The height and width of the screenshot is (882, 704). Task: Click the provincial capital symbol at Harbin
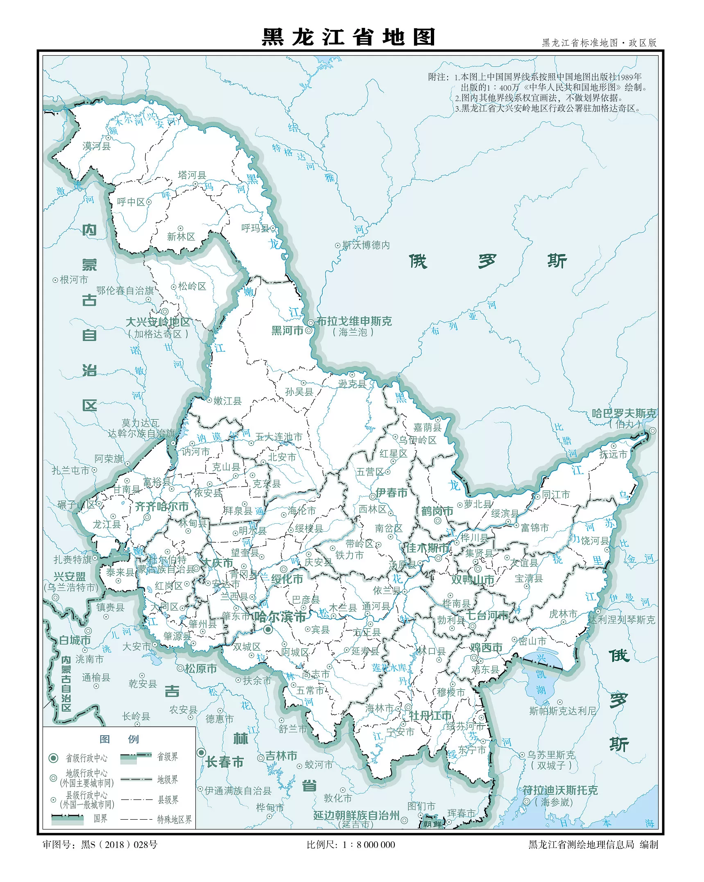(268, 630)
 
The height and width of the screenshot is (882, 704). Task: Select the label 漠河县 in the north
(96, 146)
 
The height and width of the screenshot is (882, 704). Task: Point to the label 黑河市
(287, 330)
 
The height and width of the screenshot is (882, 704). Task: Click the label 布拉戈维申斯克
(354, 321)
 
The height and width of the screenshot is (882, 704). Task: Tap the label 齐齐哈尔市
(162, 507)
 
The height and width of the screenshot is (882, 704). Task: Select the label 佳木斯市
(427, 548)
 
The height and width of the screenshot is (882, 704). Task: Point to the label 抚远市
(613, 454)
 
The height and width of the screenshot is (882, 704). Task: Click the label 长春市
(224, 762)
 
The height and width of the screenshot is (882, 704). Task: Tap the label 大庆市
(218, 563)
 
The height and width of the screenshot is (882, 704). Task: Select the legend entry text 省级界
(168, 757)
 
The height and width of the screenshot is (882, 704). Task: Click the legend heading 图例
(119, 739)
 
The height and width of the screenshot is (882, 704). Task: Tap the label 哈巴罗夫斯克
(624, 414)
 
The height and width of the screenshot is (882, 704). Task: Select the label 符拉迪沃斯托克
(560, 790)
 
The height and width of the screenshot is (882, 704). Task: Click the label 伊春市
(392, 493)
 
